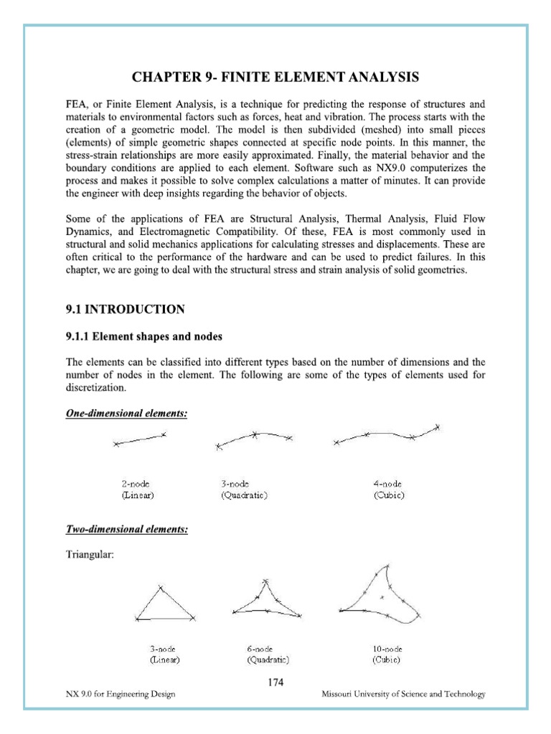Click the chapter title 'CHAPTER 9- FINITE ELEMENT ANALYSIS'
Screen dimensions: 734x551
point(275,77)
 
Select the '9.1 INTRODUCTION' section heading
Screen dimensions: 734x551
point(125,310)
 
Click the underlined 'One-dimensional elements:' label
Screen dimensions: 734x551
point(126,414)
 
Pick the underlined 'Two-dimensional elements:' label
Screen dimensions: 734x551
point(127,529)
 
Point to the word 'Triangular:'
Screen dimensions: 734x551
point(89,556)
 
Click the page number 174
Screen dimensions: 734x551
point(275,682)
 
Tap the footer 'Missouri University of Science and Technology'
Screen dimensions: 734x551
point(404,694)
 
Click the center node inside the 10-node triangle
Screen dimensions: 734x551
point(382,597)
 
